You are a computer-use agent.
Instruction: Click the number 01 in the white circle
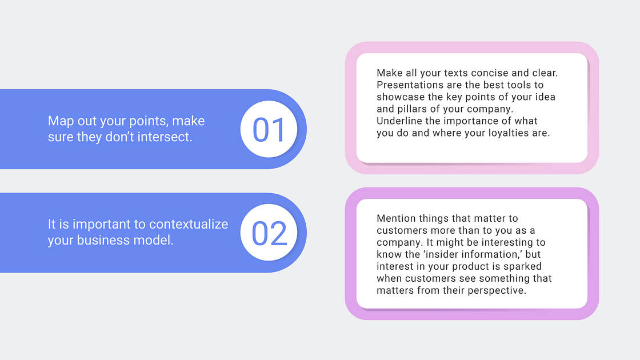tap(269, 130)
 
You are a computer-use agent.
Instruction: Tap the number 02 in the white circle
tap(269, 234)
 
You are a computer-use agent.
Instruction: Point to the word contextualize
tap(189, 224)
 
